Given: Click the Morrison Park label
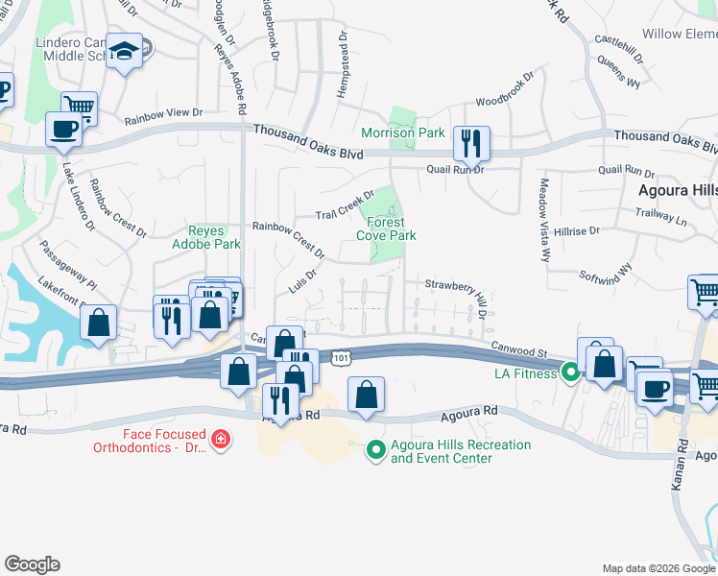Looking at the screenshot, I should pyautogui.click(x=402, y=132).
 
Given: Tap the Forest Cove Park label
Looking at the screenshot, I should pyautogui.click(x=386, y=228).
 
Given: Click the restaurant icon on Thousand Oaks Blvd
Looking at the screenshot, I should pyautogui.click(x=471, y=144).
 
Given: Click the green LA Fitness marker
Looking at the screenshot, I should pyautogui.click(x=569, y=372).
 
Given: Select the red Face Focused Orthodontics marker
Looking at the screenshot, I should pyautogui.click(x=221, y=440).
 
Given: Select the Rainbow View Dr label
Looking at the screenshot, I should pyautogui.click(x=165, y=117).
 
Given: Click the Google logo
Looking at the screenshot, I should pyautogui.click(x=32, y=564).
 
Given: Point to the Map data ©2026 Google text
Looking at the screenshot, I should pyautogui.click(x=657, y=568).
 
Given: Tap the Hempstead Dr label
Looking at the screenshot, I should pyautogui.click(x=341, y=67).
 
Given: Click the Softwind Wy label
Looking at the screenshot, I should pyautogui.click(x=605, y=273).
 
